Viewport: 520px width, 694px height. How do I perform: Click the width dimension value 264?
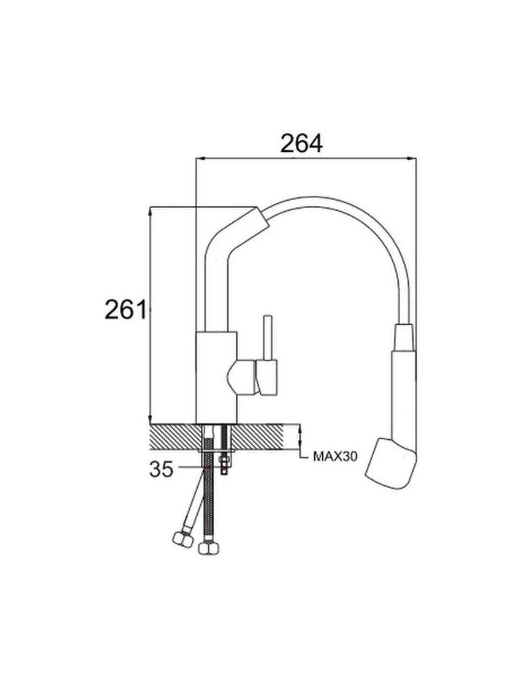[301, 143]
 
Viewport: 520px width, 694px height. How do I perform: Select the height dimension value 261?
[126, 309]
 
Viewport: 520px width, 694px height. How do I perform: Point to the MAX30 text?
[335, 456]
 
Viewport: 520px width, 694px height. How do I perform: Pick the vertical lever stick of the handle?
[268, 338]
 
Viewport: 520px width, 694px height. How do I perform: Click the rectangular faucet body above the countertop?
[216, 377]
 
